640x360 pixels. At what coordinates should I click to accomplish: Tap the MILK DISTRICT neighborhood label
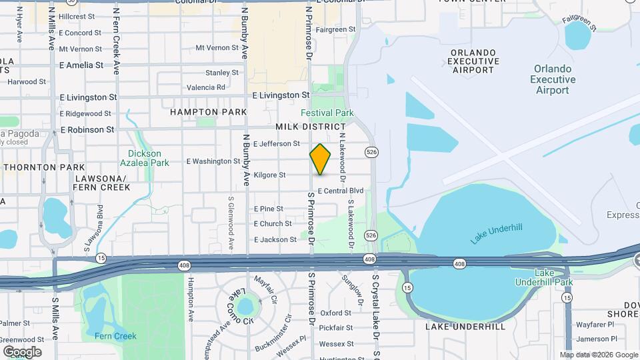[x=311, y=127]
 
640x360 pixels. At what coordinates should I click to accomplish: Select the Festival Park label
[x=327, y=113]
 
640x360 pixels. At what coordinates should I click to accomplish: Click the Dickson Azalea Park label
[x=148, y=158]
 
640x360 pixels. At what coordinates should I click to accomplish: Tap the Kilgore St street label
[x=269, y=175]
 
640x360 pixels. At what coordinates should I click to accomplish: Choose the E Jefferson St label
[x=277, y=144]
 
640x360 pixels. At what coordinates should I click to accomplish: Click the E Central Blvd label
[x=340, y=191]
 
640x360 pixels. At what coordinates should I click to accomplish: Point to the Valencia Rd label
[x=206, y=87]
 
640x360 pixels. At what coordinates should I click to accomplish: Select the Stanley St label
[x=222, y=73]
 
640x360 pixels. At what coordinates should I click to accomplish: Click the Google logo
[x=22, y=351]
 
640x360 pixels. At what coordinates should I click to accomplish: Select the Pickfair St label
[x=335, y=328]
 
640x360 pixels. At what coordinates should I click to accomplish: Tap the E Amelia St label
[x=81, y=65]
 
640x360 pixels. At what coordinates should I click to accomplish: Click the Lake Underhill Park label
[x=544, y=278]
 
